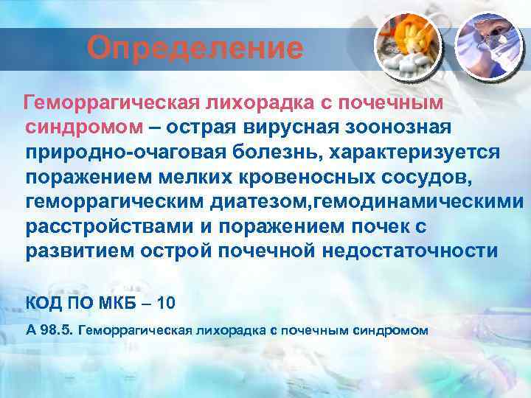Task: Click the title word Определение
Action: coord(195,49)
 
